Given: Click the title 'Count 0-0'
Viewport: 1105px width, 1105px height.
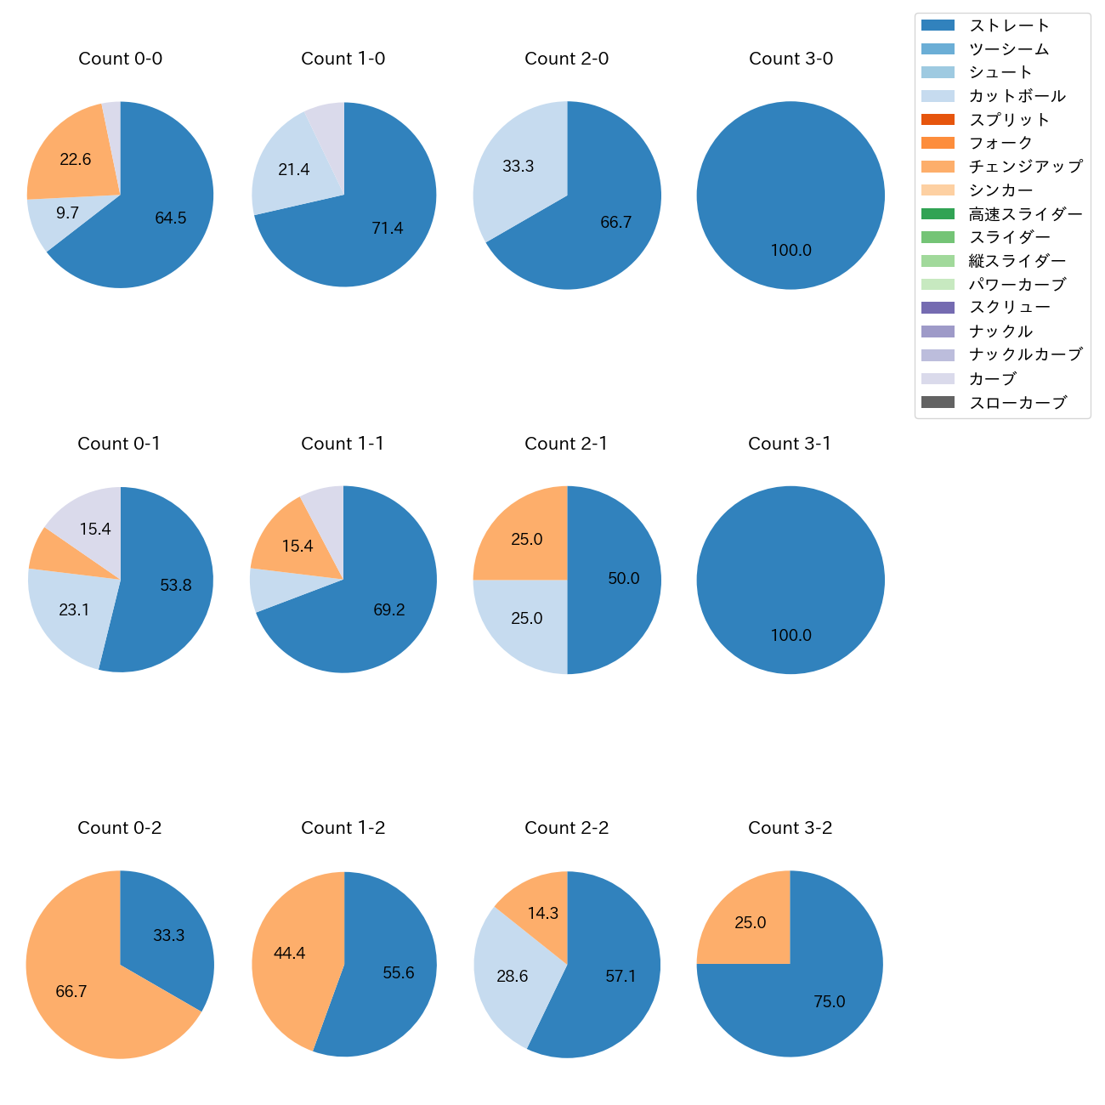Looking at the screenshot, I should (120, 59).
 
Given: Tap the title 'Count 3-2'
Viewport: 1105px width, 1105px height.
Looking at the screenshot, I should (790, 828).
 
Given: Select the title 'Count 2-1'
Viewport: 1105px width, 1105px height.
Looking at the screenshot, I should (566, 444).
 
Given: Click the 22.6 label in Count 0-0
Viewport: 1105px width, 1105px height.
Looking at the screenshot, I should (75, 159).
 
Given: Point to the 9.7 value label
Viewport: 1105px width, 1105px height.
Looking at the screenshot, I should (67, 213).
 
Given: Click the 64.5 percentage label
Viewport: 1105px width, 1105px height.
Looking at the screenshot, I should (170, 218).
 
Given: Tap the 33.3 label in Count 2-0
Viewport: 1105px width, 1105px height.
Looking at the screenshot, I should (518, 167).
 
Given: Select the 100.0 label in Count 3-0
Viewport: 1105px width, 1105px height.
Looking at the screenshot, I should (790, 251).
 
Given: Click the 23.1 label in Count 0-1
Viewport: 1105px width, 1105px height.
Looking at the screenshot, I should (74, 610).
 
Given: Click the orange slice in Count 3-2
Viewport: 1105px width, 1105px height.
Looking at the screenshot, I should (748, 922).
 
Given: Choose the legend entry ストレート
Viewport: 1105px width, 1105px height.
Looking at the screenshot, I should (1009, 25).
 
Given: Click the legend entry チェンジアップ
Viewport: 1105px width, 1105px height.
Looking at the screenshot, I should (1025, 167).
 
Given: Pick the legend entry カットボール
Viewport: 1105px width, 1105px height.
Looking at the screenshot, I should (1017, 96).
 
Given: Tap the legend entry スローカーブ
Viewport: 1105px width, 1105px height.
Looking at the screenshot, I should (1017, 403).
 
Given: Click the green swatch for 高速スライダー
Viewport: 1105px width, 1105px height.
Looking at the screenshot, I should (938, 214).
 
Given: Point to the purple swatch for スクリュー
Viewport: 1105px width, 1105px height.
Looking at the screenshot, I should (938, 308).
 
